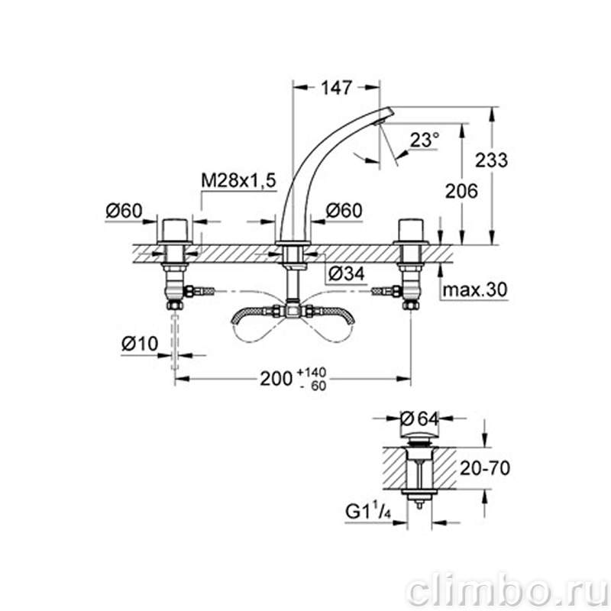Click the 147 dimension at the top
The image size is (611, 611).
pos(337,88)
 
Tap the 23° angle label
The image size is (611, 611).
pos(425,140)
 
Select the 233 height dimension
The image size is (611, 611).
pos(491,160)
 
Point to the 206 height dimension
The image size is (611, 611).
pos(461,192)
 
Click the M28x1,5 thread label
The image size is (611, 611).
pos(238,180)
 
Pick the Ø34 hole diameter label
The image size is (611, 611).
pos(347,273)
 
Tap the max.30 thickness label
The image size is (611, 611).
pos(475,289)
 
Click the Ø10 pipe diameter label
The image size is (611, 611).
pos(140,344)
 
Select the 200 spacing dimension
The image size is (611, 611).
pos(276,378)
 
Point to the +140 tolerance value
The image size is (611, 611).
pos(312,372)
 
